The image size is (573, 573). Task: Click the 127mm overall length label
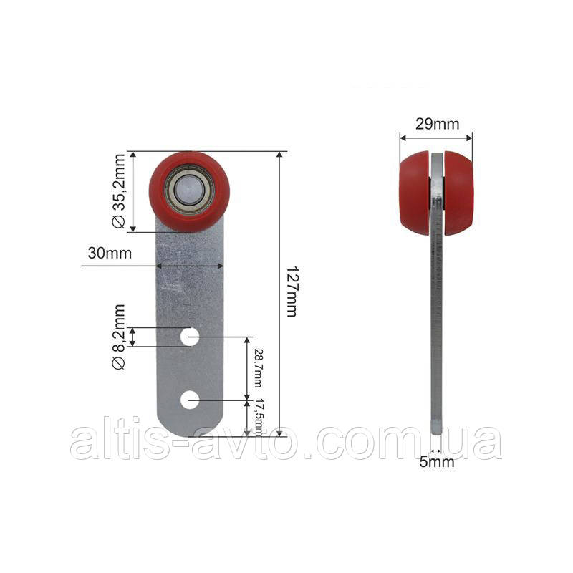(x=292, y=292)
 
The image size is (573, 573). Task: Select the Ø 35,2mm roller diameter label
(x=119, y=191)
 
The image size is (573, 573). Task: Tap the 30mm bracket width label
(x=110, y=253)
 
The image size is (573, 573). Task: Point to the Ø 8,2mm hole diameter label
(x=119, y=337)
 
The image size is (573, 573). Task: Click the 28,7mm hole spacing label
(x=258, y=367)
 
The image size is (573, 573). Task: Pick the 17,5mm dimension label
(x=259, y=418)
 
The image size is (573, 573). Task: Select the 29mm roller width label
(x=437, y=124)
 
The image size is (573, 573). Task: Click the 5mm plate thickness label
(x=437, y=462)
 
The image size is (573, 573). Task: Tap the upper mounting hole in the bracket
(x=190, y=337)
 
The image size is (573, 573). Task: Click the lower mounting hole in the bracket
(x=190, y=400)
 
